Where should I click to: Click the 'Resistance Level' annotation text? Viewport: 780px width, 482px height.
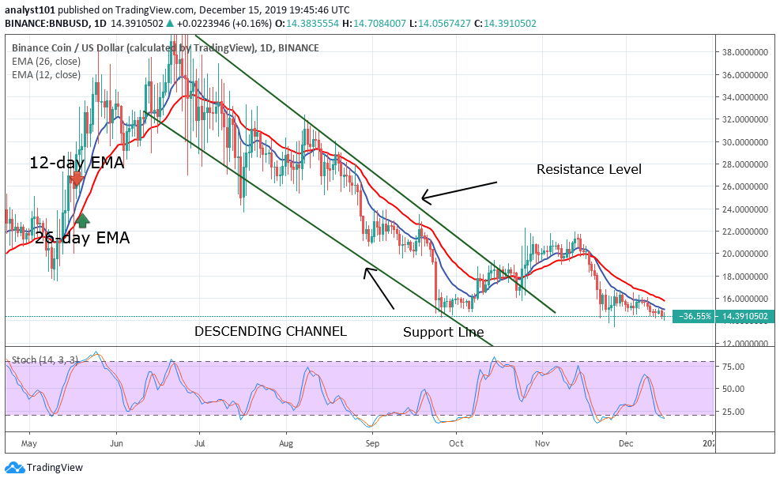tap(589, 169)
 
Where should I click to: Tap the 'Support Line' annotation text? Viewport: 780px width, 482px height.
tap(443, 332)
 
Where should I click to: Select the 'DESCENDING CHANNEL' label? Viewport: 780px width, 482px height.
tap(270, 331)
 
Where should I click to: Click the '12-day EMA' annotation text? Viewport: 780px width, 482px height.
tap(77, 164)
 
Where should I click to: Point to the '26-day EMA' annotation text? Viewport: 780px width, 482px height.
tap(82, 237)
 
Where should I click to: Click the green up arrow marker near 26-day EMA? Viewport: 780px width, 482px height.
tap(82, 222)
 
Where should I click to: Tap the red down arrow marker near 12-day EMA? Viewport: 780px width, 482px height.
tap(76, 181)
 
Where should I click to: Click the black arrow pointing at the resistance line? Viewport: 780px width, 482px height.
tap(458, 190)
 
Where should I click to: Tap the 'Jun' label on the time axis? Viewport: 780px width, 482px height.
tap(116, 442)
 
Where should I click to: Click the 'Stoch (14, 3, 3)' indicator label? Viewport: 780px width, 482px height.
tap(43, 360)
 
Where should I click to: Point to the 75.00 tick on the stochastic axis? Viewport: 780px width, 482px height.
tap(734, 366)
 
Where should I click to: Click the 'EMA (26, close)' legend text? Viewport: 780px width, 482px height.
tap(46, 62)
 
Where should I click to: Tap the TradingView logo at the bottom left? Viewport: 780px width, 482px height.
tap(45, 467)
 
